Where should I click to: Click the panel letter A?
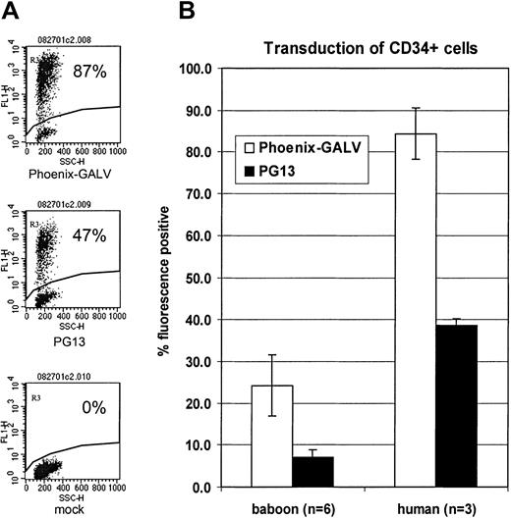[x=11, y=12]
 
